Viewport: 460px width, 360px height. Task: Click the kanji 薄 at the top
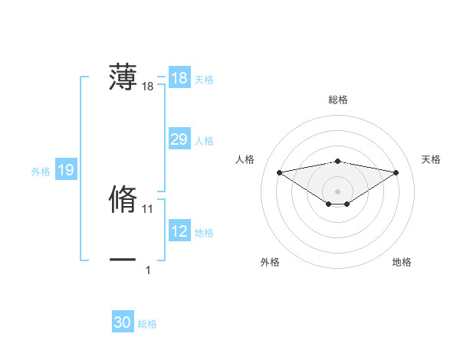[123, 77]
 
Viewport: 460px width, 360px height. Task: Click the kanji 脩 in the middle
[123, 198]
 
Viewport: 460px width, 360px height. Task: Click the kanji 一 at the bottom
[123, 260]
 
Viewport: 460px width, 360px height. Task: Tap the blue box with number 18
[179, 78]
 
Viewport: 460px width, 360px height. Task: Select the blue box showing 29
[179, 139]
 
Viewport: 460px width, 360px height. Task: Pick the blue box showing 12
[179, 231]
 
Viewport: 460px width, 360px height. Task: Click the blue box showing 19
[65, 170]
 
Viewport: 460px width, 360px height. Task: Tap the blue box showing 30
[122, 322]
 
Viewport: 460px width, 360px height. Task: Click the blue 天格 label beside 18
[204, 80]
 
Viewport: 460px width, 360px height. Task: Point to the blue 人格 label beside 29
[204, 141]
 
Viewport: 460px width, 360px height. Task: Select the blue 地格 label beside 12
[204, 233]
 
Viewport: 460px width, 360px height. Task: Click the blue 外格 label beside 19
[41, 172]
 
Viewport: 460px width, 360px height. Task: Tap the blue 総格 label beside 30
[147, 324]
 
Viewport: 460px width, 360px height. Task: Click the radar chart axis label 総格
[338, 100]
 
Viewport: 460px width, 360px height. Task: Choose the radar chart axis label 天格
[432, 159]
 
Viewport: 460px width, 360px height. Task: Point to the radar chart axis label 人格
[245, 159]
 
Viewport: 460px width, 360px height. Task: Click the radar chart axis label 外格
[270, 263]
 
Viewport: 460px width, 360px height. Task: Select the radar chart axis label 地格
[402, 263]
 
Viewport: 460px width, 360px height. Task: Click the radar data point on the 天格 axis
[396, 172]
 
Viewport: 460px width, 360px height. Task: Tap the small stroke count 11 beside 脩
[148, 208]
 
